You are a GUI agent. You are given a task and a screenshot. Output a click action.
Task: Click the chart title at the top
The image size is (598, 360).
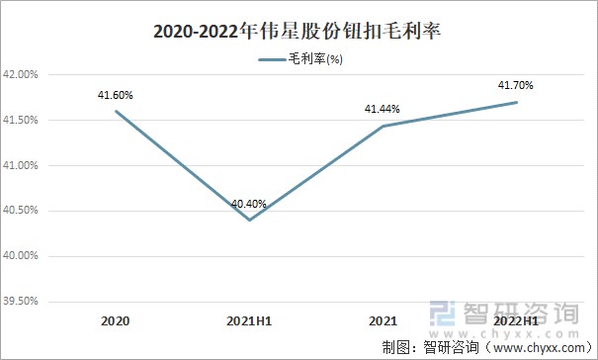pos(298,32)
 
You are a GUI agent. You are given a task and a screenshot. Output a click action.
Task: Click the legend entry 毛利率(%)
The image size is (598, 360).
pos(300,60)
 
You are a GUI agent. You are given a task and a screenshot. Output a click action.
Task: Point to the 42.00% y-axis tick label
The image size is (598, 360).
pos(21,75)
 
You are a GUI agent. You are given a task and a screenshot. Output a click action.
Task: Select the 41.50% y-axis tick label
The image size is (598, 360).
pos(21,121)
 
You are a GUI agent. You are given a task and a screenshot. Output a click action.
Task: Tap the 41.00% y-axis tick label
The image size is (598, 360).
pos(21,165)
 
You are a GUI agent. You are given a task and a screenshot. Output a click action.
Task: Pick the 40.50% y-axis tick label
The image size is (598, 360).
pos(21,211)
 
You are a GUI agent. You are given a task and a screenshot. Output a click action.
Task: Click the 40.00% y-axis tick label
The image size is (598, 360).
pos(21,256)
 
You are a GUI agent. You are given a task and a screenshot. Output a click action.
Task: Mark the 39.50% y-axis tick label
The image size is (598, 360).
pos(21,301)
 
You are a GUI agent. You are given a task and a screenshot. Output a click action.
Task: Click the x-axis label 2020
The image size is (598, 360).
pos(116,321)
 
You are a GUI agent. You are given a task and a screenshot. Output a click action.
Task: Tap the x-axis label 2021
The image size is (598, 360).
pos(383,321)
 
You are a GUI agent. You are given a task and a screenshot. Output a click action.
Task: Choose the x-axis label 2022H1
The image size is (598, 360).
pos(516,321)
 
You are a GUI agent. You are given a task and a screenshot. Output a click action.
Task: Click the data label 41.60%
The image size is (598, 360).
pos(116,95)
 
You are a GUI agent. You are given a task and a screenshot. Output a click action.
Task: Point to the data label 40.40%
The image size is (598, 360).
pos(249,205)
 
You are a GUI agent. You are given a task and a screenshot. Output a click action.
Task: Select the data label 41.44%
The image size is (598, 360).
pos(383,111)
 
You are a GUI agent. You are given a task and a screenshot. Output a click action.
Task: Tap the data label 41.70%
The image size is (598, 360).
pos(516,87)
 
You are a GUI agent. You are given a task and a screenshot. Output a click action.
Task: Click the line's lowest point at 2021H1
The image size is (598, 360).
pos(249,220)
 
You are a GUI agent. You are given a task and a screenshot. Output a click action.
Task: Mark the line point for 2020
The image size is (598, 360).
pos(116,111)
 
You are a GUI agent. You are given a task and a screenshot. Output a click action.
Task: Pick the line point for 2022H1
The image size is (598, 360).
pos(516,102)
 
